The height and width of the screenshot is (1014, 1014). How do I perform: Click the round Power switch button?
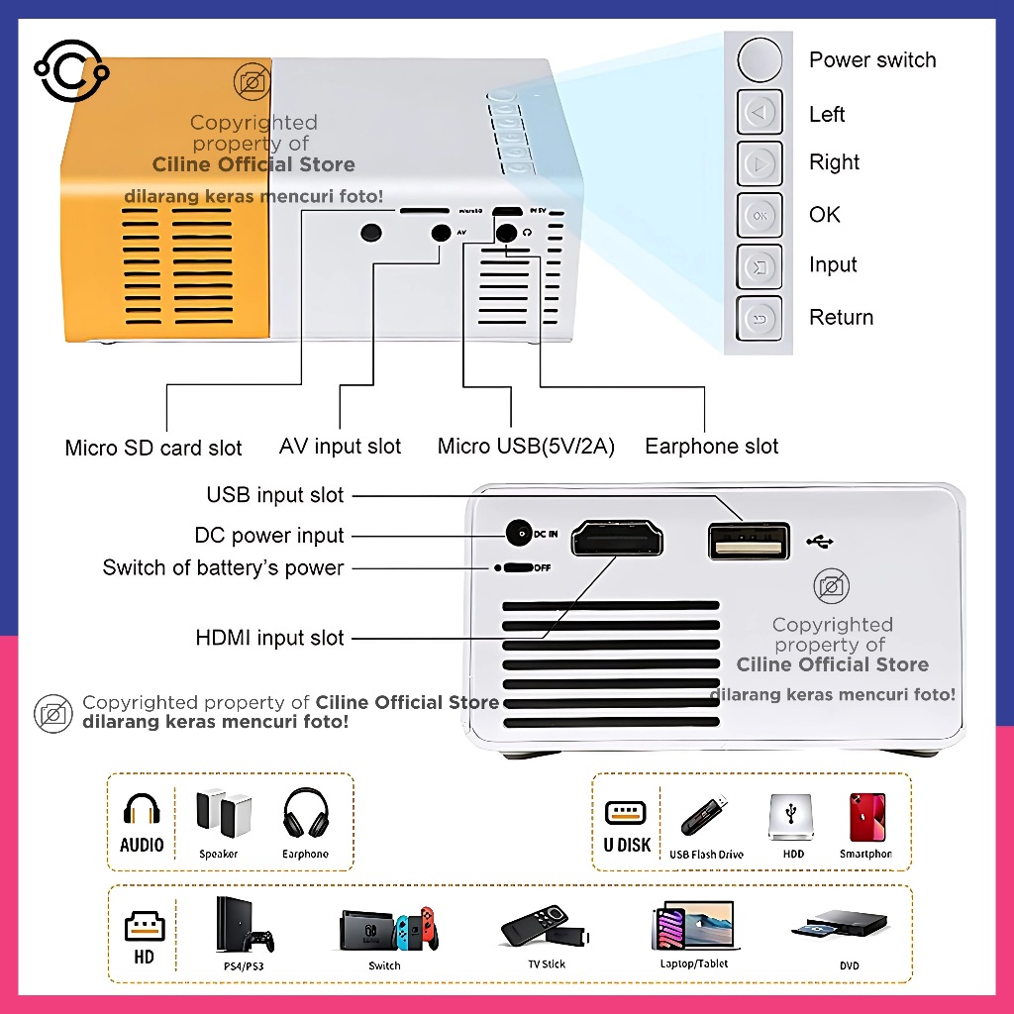pyautogui.click(x=760, y=59)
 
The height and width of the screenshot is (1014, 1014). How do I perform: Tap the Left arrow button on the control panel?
pyautogui.click(x=760, y=113)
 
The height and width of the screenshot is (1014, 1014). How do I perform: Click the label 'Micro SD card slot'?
pyautogui.click(x=153, y=448)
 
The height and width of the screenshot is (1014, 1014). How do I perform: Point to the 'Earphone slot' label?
pyautogui.click(x=711, y=447)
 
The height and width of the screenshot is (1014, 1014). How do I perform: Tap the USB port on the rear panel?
pyautogui.click(x=749, y=542)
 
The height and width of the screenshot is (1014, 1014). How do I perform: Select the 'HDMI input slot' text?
pyautogui.click(x=270, y=639)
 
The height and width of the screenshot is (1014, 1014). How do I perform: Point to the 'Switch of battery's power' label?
pyautogui.click(x=224, y=568)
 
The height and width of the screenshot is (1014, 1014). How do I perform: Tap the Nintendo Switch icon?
pyautogui.click(x=386, y=929)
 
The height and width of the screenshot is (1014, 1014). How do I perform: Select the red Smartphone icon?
pyautogui.click(x=866, y=818)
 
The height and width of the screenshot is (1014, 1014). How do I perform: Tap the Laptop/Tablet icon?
pyautogui.click(x=693, y=927)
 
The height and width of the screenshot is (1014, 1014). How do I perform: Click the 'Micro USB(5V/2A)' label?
pyautogui.click(x=526, y=447)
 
